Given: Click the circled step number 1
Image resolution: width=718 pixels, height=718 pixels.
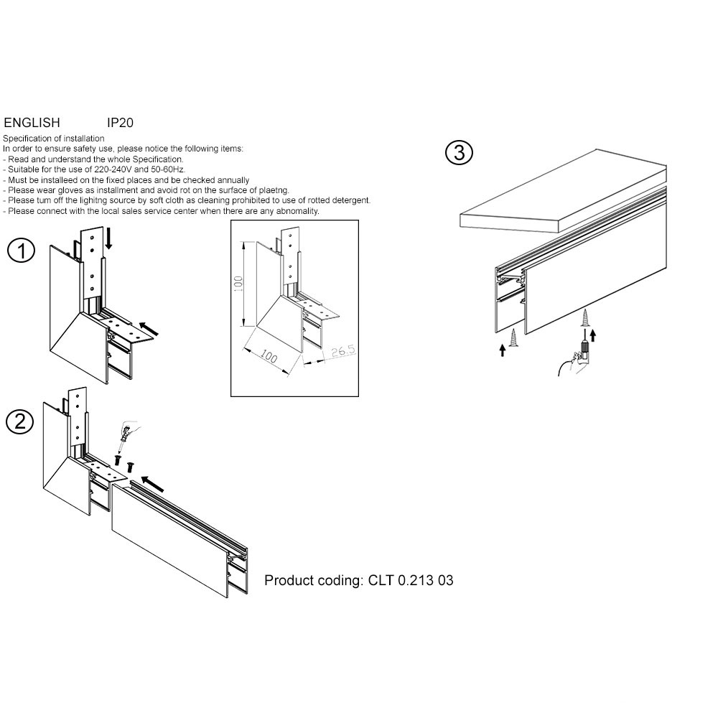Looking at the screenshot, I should pos(22,251).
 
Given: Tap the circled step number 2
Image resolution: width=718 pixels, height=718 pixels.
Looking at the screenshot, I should pos(19,421).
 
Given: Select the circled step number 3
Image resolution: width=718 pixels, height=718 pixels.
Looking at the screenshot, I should pos(459,152).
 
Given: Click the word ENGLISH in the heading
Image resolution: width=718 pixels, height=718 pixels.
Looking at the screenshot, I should pos(32,123).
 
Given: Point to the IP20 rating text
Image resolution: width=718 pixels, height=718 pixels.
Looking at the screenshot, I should pos(120,123).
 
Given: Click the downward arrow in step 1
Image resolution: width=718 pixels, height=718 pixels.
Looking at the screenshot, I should pos(109,238).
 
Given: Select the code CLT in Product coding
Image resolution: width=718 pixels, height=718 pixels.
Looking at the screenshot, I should pos(382,580).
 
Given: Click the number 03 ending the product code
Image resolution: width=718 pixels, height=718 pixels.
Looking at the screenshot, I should pos(445,580).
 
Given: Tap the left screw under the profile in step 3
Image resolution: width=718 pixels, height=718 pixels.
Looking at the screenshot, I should pos(514,338).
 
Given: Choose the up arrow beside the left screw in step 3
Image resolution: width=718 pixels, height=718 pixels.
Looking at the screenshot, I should pos(501,350).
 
